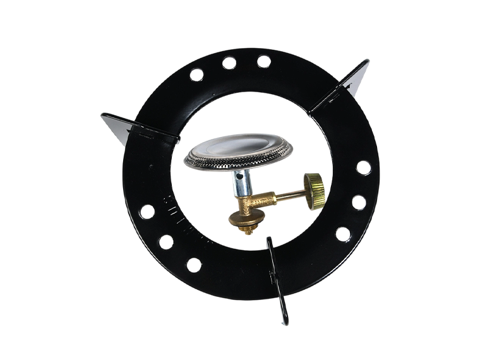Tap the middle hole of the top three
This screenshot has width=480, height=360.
coord(229,62)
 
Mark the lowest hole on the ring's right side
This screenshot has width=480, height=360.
coord(343,234)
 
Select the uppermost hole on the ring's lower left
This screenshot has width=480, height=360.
coord(147,211)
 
